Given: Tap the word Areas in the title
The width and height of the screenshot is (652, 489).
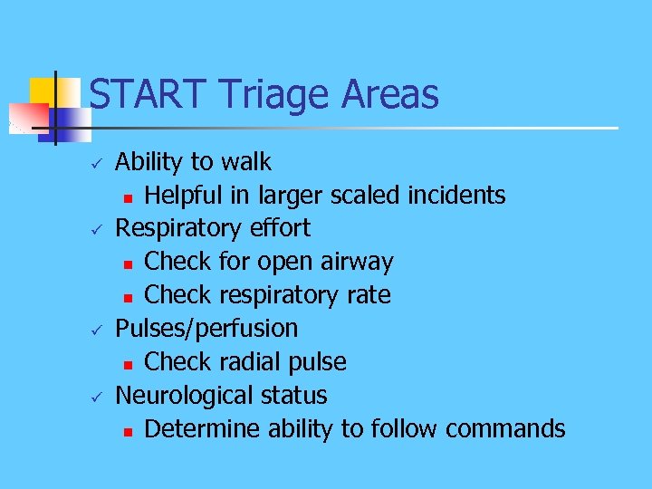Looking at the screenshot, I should pyautogui.click(x=389, y=94).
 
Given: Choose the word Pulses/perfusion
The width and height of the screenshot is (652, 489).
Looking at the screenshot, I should pyautogui.click(x=206, y=328).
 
